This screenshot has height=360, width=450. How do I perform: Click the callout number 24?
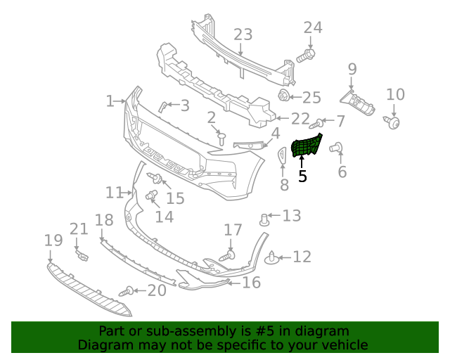(x=313, y=27)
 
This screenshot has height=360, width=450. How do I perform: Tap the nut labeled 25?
(x=284, y=96)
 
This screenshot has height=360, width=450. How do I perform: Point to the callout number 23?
(x=243, y=34)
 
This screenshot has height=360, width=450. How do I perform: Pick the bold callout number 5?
(x=302, y=176)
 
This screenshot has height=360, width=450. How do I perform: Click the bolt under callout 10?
(x=393, y=123)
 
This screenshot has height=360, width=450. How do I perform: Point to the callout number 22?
(x=300, y=120)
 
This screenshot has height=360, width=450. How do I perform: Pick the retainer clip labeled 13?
(x=265, y=219)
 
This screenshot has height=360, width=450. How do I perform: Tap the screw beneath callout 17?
(x=228, y=257)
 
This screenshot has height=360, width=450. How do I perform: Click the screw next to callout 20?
(x=127, y=290)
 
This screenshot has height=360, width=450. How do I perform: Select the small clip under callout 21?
(x=81, y=253)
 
